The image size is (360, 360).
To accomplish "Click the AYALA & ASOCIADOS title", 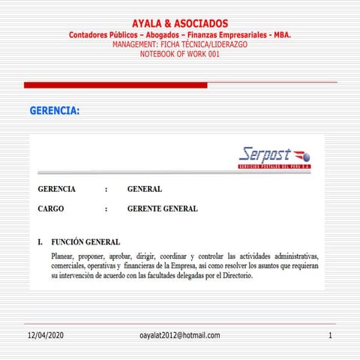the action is [179, 24].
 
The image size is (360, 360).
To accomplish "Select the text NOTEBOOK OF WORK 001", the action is [179, 54].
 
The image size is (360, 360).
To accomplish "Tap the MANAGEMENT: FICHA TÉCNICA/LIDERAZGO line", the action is [179, 45].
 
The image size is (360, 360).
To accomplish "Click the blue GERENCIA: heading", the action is [55, 111].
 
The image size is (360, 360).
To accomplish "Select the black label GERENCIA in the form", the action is [56, 189].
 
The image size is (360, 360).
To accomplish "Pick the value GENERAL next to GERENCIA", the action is [145, 189].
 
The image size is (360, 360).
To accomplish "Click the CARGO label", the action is [51, 209].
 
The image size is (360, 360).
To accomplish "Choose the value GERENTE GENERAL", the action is [163, 209].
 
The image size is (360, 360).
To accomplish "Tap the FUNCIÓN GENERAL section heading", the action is [85, 242].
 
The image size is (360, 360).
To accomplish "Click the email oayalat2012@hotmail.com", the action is [179, 334].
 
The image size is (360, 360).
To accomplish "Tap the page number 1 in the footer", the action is [330, 334].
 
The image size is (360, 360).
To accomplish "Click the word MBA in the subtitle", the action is [280, 35].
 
